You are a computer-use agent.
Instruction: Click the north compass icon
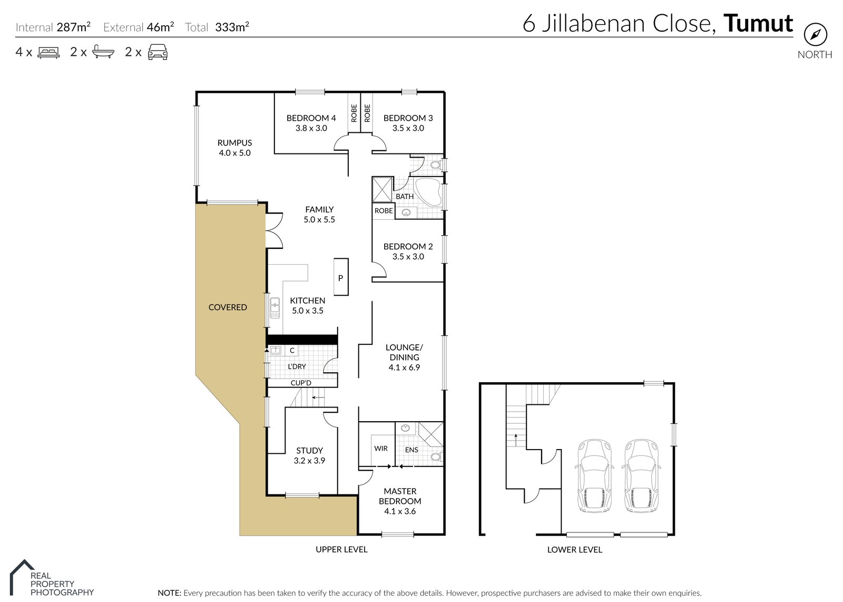coord(815,35)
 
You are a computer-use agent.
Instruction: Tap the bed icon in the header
coord(48,52)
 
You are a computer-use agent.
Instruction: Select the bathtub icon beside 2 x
coord(103,52)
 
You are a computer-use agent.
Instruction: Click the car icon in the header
coord(158,52)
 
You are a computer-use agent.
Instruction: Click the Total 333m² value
coord(232,27)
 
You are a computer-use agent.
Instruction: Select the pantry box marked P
coord(340,277)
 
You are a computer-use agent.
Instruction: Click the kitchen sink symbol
coord(275,308)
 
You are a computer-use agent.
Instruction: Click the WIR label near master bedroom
coord(381,449)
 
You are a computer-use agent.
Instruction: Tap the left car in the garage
coord(594,476)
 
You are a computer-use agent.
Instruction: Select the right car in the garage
coord(642,476)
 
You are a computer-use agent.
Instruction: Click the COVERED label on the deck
coord(228,307)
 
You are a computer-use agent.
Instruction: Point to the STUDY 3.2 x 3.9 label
coord(309,455)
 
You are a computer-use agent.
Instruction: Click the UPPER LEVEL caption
coord(341,549)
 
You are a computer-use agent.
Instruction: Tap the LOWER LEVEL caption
coord(574,549)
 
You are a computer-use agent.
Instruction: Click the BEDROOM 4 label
coord(311,118)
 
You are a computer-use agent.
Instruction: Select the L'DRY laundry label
coord(297,366)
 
